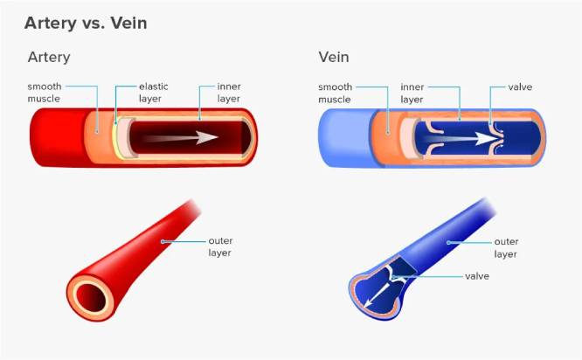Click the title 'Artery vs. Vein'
86,23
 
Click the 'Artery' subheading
49,57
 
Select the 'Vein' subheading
334,57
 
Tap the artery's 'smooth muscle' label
45,93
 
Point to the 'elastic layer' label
153,93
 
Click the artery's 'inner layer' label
229,93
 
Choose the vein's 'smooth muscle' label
335,93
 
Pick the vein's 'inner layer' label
412,93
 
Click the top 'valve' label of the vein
520,87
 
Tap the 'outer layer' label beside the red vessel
220,246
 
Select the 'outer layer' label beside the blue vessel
506,247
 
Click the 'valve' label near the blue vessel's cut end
477,276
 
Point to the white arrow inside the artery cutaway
181,138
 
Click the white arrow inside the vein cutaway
461,139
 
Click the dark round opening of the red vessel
91,298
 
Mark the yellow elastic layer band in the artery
115,136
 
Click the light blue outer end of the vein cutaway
345,138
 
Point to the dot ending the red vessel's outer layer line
163,242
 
